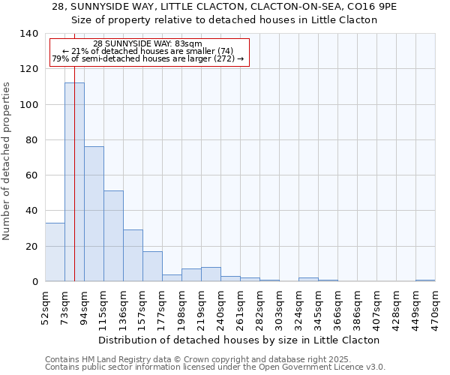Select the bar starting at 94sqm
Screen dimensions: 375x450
click(x=94, y=214)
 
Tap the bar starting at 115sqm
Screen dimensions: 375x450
click(x=113, y=236)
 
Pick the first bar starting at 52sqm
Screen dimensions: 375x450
click(x=55, y=252)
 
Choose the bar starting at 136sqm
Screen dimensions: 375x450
click(x=133, y=256)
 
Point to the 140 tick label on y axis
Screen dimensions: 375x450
click(x=28, y=34)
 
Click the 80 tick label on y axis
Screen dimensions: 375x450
click(x=31, y=140)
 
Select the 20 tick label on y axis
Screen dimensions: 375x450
click(x=31, y=247)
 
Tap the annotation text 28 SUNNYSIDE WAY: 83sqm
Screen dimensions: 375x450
click(x=148, y=44)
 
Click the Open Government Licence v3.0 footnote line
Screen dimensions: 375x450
click(x=215, y=367)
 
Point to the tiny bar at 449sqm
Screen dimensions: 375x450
click(x=425, y=280)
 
